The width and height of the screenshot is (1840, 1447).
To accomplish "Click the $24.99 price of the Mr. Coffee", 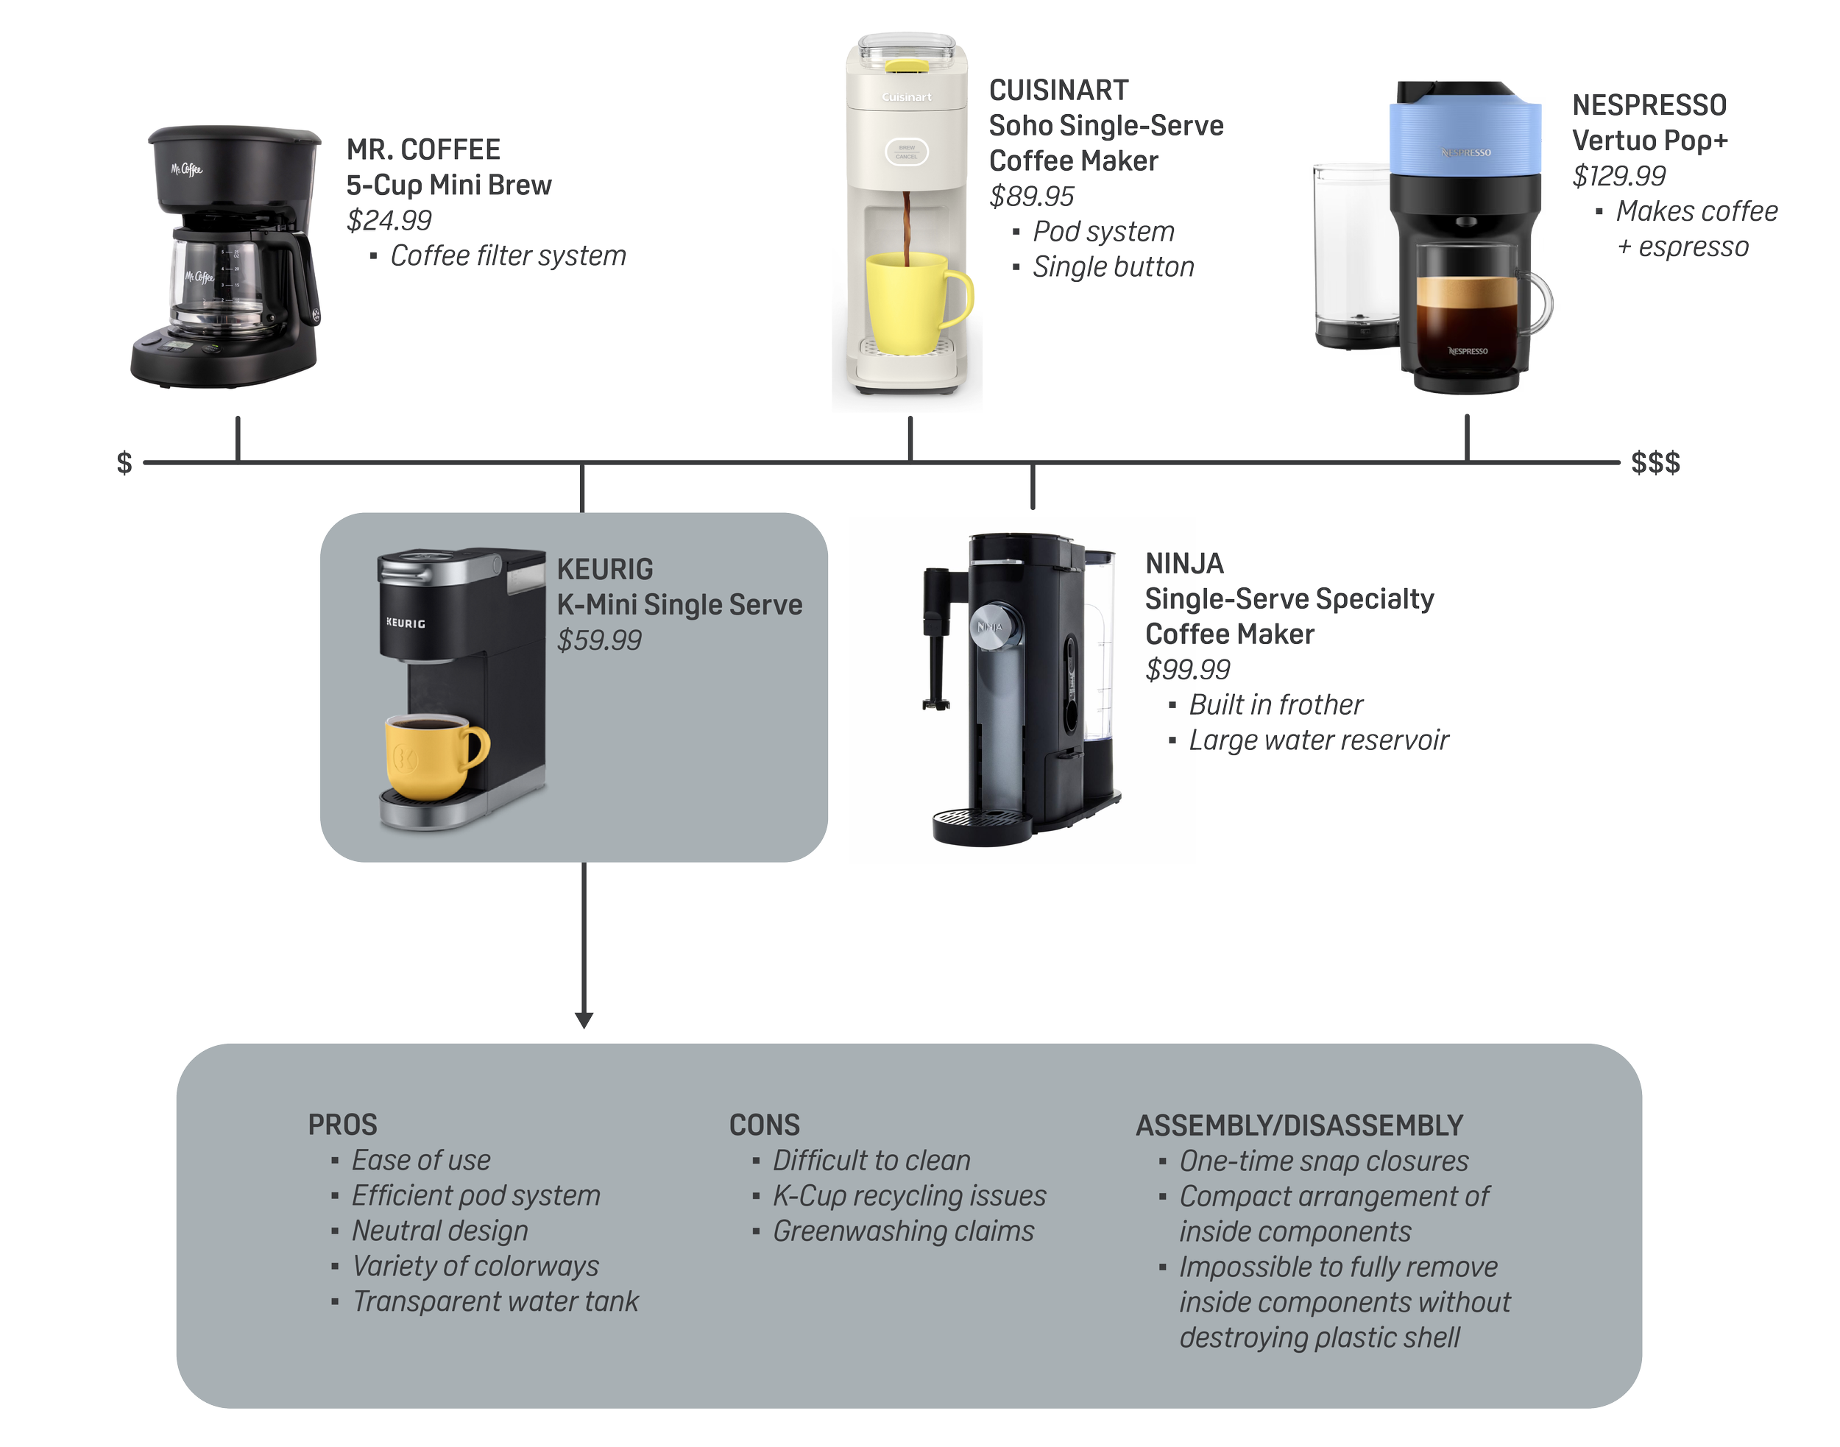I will pos(389,220).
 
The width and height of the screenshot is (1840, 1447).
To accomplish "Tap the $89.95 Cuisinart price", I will pos(1031,197).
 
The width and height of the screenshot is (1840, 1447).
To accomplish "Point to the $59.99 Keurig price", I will pos(598,640).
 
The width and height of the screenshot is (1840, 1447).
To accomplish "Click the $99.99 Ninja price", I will pos(1187,669).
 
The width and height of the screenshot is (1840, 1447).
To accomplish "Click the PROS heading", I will pos(342,1125).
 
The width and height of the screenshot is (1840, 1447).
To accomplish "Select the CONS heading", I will pos(764,1125).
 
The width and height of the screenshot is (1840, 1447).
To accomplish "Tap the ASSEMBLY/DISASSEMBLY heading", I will pos(1299,1126).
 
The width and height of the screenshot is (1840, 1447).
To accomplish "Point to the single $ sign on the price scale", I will pos(124,462).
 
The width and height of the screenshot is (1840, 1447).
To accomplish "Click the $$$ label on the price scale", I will pos(1655,462).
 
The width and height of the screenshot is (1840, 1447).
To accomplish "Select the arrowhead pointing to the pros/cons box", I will pos(583,1021).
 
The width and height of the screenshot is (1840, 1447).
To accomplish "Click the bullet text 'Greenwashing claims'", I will pos(903,1231).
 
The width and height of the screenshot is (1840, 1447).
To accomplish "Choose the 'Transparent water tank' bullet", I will pos(495,1301).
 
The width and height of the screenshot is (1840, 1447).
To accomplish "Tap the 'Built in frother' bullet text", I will pos(1275,705).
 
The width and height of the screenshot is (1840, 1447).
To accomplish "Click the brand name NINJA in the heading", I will pos(1184,563).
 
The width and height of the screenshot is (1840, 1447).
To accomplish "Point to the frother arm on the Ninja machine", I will pos(935,635).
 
